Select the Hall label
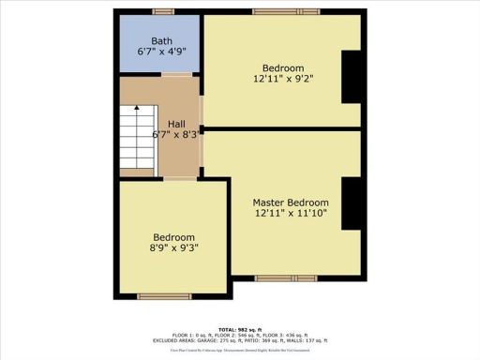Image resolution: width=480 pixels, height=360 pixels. pyautogui.click(x=176, y=123)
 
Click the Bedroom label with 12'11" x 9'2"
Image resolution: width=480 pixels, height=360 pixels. pyautogui.click(x=282, y=68)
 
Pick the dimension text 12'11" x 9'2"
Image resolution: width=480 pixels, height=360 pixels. pyautogui.click(x=282, y=80)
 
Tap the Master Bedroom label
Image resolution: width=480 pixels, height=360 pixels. pyautogui.click(x=291, y=202)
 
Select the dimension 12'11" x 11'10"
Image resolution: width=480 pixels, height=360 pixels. pyautogui.click(x=291, y=215)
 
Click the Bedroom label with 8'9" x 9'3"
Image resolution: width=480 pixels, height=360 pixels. pyautogui.click(x=174, y=237)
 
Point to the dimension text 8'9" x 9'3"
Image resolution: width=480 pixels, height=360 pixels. pyautogui.click(x=174, y=248)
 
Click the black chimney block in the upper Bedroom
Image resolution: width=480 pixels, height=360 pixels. pyautogui.click(x=352, y=77)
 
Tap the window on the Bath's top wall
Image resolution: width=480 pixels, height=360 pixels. pyautogui.click(x=164, y=11)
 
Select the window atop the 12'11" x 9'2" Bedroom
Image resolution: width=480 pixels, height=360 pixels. pyautogui.click(x=280, y=11)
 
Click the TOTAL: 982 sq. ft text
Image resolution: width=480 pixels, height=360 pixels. pyautogui.click(x=240, y=330)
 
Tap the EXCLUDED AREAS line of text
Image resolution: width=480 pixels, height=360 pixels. pyautogui.click(x=240, y=340)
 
